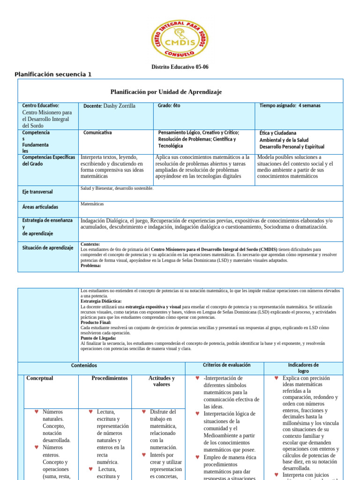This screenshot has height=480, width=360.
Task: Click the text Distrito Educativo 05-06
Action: [x=180, y=67]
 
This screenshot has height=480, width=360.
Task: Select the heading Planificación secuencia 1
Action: [x=53, y=75]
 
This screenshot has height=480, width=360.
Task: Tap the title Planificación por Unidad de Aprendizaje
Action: [x=166, y=92]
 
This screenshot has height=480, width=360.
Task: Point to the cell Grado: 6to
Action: [x=169, y=105]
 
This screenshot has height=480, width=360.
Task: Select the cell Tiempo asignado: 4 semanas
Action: [x=290, y=105]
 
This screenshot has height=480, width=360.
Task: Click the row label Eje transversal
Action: [x=37, y=192]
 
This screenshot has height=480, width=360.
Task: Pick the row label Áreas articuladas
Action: [x=40, y=207]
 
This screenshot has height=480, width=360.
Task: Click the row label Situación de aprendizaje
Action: [x=47, y=247]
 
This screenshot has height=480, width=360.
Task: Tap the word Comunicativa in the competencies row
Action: [x=97, y=133]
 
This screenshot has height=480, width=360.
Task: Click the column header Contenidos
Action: [x=84, y=365]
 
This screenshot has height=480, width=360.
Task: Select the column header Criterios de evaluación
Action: [x=226, y=365]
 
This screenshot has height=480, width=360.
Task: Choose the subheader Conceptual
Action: [x=40, y=378]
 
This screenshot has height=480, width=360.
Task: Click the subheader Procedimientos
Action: [x=109, y=378]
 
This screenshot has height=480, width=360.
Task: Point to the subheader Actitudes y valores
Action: [x=161, y=381]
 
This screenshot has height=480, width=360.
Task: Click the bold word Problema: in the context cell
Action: [x=91, y=265]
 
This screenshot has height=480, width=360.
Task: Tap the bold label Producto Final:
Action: [x=96, y=322]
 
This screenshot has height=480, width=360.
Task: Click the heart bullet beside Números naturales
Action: [x=37, y=412]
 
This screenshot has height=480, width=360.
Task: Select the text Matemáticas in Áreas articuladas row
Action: [x=92, y=204]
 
